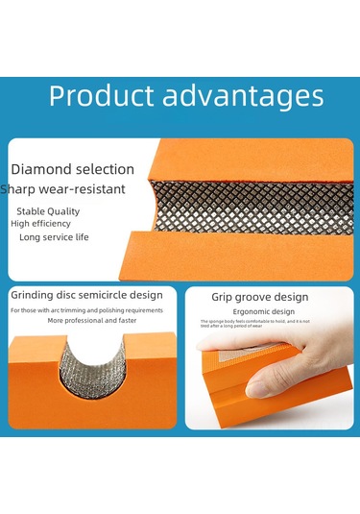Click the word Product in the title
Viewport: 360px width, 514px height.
(100, 96)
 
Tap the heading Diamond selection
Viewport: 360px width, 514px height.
(72, 170)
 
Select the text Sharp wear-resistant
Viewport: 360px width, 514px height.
(62, 189)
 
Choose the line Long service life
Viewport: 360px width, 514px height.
(54, 236)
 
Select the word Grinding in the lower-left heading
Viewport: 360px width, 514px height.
(30, 294)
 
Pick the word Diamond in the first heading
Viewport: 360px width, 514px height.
(39, 170)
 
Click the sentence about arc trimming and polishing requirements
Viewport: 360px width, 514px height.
(86, 310)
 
